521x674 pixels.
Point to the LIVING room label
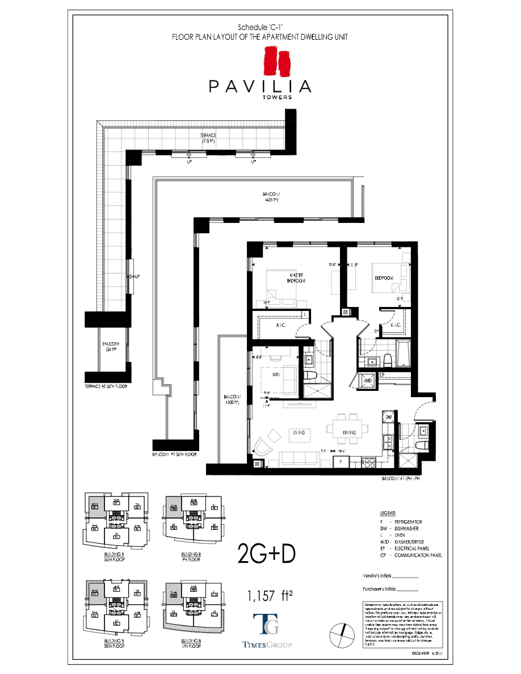pos(299,432)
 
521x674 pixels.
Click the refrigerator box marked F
pos(341,462)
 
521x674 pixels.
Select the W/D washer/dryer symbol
pos(367,380)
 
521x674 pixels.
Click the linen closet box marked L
pos(305,314)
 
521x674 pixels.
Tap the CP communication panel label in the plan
pos(382,374)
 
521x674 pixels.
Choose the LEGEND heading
pos(388,512)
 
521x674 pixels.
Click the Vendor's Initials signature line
pos(406,575)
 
